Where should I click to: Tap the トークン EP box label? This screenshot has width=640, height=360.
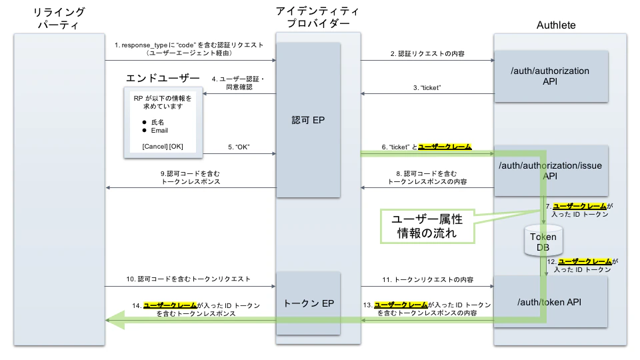pyautogui.click(x=309, y=303)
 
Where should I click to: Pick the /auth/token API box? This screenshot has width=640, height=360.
pyautogui.click(x=550, y=302)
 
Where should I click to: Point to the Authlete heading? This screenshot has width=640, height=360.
pyautogui.click(x=556, y=25)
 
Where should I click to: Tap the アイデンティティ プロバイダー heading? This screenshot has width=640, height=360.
pyautogui.click(x=317, y=18)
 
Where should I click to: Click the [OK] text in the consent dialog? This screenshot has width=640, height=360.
pyautogui.click(x=177, y=146)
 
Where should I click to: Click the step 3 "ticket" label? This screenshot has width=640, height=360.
pyautogui.click(x=427, y=88)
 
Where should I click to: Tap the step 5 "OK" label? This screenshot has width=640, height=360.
pyautogui.click(x=238, y=147)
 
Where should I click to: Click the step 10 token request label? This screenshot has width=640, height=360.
pyautogui.click(x=189, y=279)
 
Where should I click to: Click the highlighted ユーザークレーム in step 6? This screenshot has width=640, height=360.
pyautogui.click(x=445, y=147)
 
